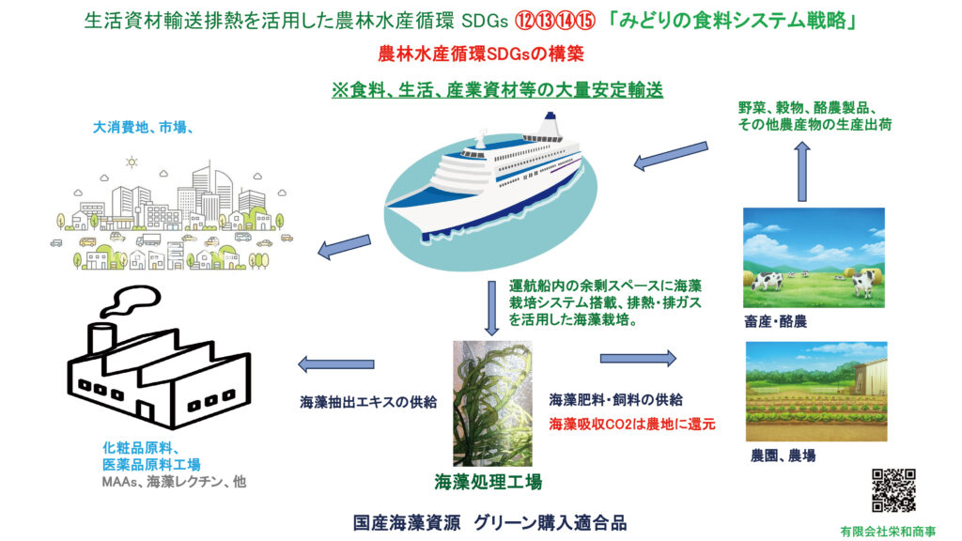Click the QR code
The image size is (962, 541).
pos(893,490)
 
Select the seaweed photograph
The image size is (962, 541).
pos(492,403)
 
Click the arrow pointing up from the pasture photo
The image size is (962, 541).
pos(802,172)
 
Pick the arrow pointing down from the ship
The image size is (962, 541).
pos(491,308)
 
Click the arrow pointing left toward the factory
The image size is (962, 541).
pos(335,363)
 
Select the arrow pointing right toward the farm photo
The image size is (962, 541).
pos(638,358)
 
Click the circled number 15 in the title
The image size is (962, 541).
pos(585,21)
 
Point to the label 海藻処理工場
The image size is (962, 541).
pos(489,482)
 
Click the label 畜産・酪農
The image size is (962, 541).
pos(775,321)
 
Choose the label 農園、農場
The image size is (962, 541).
pos(783,456)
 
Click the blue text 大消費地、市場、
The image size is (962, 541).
pos(144,128)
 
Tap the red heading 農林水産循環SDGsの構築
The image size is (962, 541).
pos(481,54)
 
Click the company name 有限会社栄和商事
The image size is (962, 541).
pos(888,532)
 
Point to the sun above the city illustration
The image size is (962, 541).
pos(132,162)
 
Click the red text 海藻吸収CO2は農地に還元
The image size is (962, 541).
pos(632,424)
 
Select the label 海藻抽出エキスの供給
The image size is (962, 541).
pos(368,402)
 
